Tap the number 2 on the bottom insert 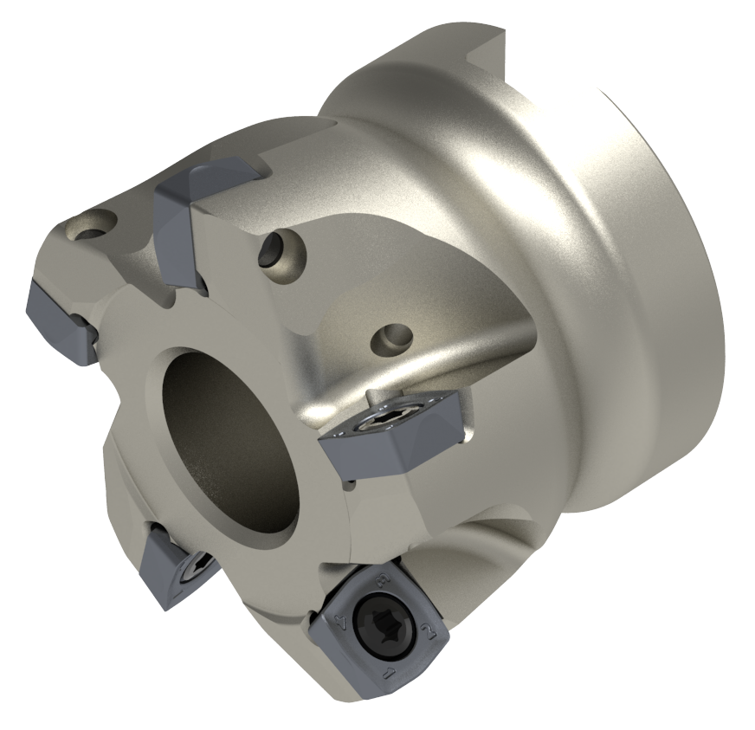pos(427,630)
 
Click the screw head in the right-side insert pos(381,423)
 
